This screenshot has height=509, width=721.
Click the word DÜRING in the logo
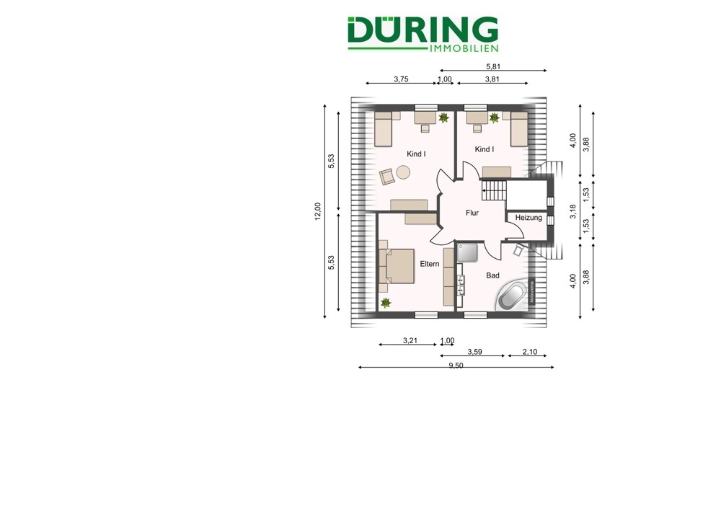tap(422, 30)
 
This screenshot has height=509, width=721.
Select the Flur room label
tap(472, 213)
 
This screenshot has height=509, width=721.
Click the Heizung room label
tap(528, 218)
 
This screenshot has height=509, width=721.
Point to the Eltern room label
tap(430, 264)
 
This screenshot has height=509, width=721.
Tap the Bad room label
tap(493, 275)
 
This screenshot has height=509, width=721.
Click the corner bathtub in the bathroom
tap(513, 294)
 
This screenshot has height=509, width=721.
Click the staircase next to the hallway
tap(495, 192)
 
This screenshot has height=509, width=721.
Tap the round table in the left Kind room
tap(402, 172)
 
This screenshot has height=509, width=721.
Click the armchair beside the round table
tap(386, 174)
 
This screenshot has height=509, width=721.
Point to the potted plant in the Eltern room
tap(385, 302)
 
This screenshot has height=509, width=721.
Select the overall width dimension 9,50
tap(456, 366)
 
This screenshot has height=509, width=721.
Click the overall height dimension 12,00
tap(317, 210)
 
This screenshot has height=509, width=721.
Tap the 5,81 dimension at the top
tap(492, 66)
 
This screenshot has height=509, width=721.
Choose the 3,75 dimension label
tap(401, 79)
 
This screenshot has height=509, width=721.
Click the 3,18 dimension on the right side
tap(572, 211)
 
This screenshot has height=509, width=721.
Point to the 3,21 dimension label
tap(411, 340)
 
